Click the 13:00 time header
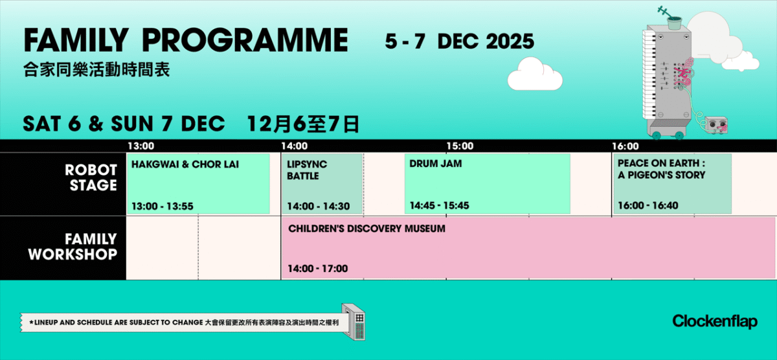(x=141, y=146)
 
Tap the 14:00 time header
(x=294, y=146)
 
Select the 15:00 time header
(x=460, y=146)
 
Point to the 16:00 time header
(x=625, y=146)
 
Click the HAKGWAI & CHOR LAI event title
(x=185, y=164)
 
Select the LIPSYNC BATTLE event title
(x=307, y=170)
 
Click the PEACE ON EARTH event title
(x=661, y=169)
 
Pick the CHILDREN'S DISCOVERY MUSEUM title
(x=366, y=229)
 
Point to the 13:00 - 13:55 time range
(x=163, y=207)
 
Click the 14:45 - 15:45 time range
(x=440, y=206)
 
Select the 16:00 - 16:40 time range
(x=648, y=206)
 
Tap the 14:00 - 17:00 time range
(x=318, y=269)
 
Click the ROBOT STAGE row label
(x=91, y=178)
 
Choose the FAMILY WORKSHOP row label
(x=72, y=247)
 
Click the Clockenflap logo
(x=714, y=321)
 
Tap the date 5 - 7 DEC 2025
(x=460, y=41)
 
